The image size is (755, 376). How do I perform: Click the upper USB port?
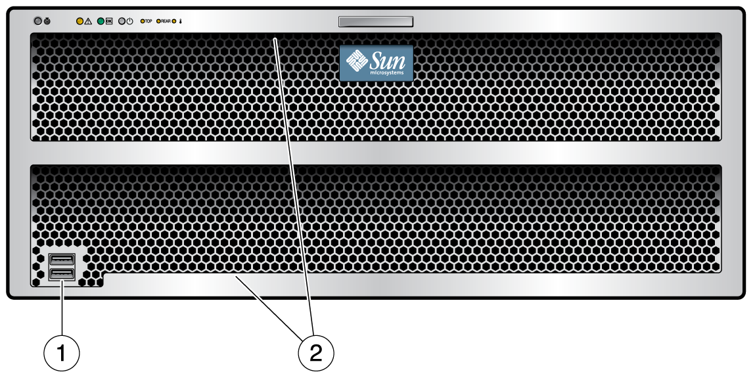pyautogui.click(x=61, y=260)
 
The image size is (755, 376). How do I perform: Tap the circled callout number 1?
pyautogui.click(x=62, y=353)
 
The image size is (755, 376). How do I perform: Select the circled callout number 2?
pyautogui.click(x=316, y=353)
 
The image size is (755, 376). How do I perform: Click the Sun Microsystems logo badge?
pyautogui.click(x=376, y=62)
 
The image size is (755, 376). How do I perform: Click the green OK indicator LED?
pyautogui.click(x=101, y=21)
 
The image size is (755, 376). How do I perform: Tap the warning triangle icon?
pyautogui.click(x=87, y=21)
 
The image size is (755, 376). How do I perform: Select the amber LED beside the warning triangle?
pyautogui.click(x=79, y=21)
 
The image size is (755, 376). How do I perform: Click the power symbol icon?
pyautogui.click(x=130, y=21)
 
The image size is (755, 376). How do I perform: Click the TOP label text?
pyautogui.click(x=149, y=21)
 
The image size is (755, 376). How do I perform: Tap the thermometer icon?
pyautogui.click(x=181, y=21)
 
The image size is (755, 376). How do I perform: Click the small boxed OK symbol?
pyautogui.click(x=109, y=21)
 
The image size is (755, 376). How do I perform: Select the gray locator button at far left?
pyautogui.click(x=38, y=21)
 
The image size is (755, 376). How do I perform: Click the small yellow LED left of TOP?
pyautogui.click(x=141, y=21)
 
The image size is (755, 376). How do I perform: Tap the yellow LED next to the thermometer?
pyautogui.click(x=174, y=21)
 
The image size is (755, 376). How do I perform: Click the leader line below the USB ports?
pyautogui.click(x=62, y=308)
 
